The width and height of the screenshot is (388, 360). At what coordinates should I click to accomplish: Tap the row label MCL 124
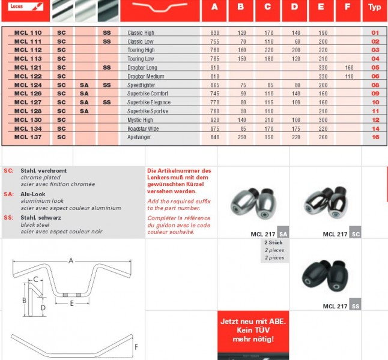(28, 85)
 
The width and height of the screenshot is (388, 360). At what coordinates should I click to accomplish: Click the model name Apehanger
(140, 137)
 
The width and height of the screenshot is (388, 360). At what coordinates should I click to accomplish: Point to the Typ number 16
(375, 137)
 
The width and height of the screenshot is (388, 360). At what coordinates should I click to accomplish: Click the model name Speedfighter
(141, 85)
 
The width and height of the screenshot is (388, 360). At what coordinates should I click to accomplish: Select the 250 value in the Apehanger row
(242, 137)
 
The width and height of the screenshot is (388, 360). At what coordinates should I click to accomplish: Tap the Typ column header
(375, 7)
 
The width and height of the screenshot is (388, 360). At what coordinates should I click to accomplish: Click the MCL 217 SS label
(341, 306)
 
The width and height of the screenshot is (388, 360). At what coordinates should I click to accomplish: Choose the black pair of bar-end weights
(324, 275)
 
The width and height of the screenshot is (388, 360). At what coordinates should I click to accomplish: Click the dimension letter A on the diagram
(71, 260)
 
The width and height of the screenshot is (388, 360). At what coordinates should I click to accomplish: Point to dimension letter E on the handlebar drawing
(71, 304)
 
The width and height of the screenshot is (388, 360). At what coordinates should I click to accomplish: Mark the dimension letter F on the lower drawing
(136, 347)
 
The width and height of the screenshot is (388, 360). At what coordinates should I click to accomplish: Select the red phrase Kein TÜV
(252, 330)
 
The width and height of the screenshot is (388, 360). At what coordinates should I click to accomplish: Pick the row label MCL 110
(28, 32)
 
